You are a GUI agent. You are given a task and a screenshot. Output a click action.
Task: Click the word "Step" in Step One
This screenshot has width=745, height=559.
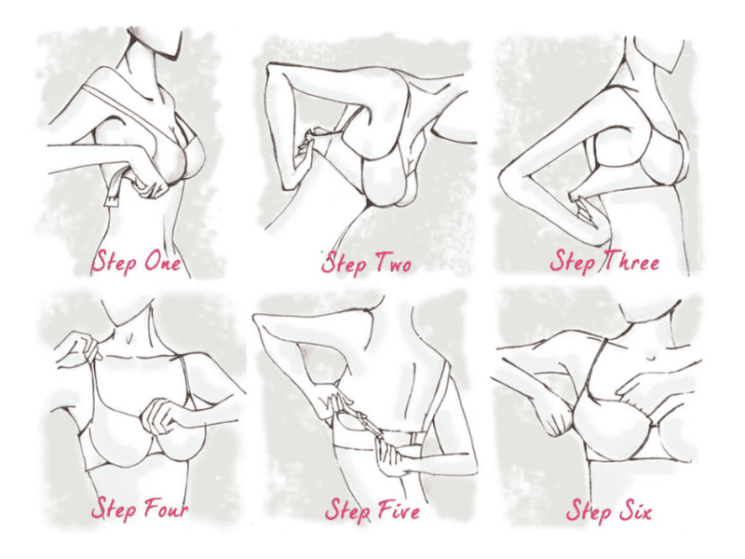(115, 262)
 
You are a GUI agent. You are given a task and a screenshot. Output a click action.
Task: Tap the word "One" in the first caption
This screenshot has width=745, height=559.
(162, 261)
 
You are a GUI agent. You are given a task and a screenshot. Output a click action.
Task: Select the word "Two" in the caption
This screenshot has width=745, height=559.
(393, 263)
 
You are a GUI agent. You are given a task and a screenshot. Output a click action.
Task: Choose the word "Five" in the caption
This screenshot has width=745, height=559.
(399, 510)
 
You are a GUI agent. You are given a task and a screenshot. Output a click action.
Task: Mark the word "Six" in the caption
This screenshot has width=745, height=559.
(634, 511)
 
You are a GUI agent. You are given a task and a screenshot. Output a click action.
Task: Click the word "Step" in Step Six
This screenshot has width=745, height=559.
(589, 511)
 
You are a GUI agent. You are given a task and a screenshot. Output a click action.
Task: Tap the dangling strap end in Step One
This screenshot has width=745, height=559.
(112, 194)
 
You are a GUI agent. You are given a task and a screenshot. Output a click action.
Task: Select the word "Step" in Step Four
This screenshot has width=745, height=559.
(114, 510)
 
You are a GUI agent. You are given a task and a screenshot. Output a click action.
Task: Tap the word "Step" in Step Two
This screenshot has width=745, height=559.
(345, 263)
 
